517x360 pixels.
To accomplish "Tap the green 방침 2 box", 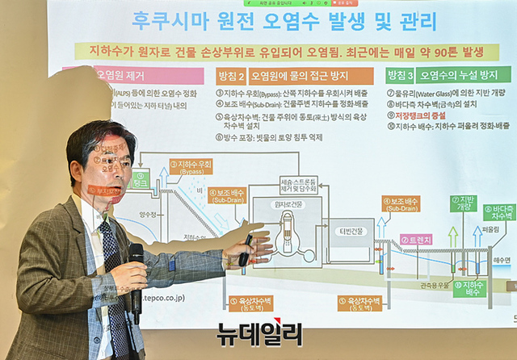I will click(x=232, y=76).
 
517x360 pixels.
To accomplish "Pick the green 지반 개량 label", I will click(x=463, y=203).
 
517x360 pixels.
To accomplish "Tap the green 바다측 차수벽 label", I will click(x=499, y=212).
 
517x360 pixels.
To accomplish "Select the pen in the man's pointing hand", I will click(x=245, y=249).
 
